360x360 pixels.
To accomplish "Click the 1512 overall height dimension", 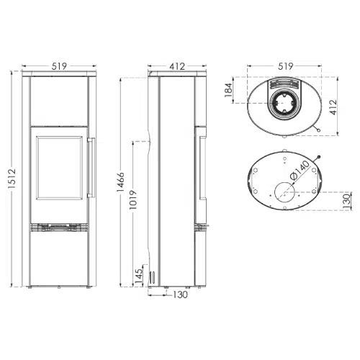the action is point(12,179).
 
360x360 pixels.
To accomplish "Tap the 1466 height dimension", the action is point(120,181).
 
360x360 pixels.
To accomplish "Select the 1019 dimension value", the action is point(133,199).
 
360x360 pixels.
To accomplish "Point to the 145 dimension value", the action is point(139,275).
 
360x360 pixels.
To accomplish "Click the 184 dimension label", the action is point(228,90).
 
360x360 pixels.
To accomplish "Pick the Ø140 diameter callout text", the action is point(300,171).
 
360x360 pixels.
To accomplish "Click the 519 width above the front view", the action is point(59,66).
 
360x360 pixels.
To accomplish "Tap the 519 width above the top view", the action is point(286,66).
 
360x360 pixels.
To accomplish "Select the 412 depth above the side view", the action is point(177,66).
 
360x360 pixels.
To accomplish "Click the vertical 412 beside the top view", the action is point(333,107).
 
